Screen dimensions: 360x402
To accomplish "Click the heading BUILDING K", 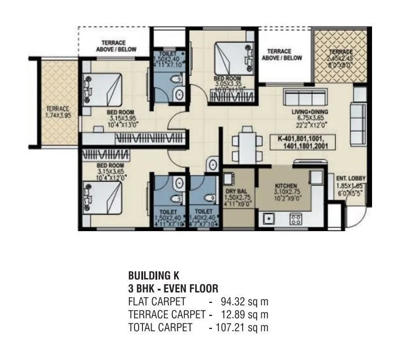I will [x=154, y=276].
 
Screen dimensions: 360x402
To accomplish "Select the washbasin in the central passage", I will [x=213, y=164].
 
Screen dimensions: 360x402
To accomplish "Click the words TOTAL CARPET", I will [x=161, y=327].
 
